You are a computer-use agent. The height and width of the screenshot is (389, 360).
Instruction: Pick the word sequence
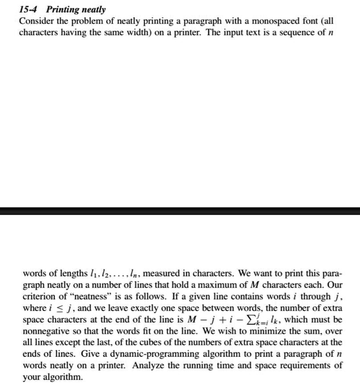[x=293, y=32]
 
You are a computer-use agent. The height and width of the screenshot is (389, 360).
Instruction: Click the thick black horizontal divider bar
[x=180, y=211]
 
